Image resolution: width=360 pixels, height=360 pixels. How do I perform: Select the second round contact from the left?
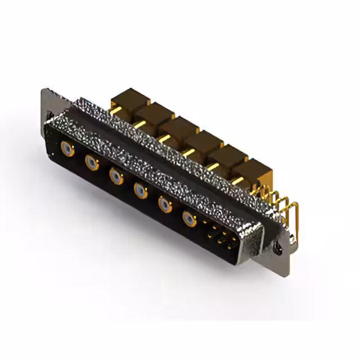pos(92,163)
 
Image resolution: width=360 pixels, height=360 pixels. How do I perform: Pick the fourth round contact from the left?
pos(140,192)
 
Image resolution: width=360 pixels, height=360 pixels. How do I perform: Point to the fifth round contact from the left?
pos(164,205)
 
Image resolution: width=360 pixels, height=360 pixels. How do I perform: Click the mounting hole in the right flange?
pos(277,246)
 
